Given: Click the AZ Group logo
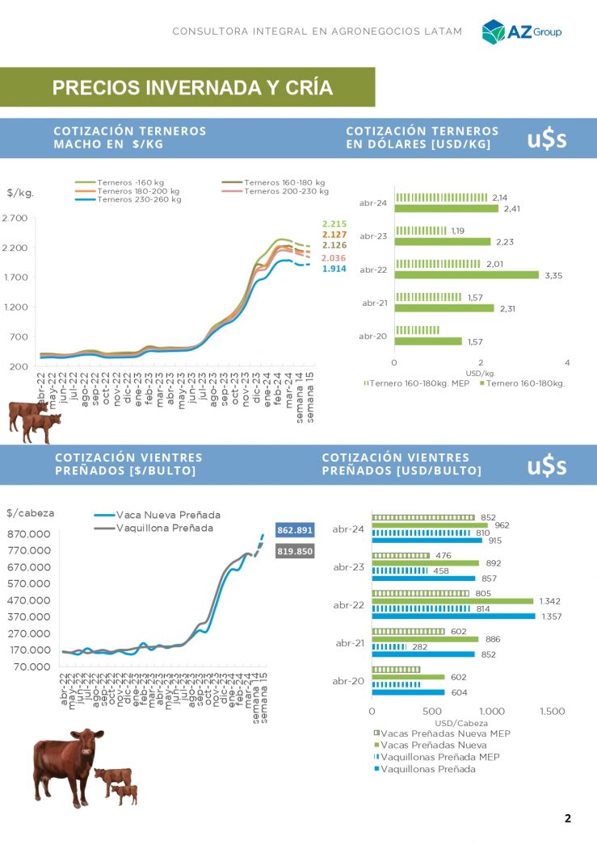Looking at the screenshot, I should click(522, 31).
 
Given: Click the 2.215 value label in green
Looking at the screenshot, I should click(334, 224).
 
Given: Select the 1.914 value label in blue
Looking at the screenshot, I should click(334, 269).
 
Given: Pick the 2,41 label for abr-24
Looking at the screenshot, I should click(511, 209).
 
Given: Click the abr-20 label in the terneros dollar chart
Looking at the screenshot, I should click(373, 336).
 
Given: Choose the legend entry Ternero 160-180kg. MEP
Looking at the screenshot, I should click(419, 383).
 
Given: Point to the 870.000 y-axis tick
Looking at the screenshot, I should click(29, 534).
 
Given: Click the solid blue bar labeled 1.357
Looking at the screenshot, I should click(453, 616).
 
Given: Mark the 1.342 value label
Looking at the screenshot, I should click(549, 601).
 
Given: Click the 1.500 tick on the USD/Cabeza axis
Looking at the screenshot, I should click(552, 712).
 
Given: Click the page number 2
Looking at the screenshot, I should click(567, 818).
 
